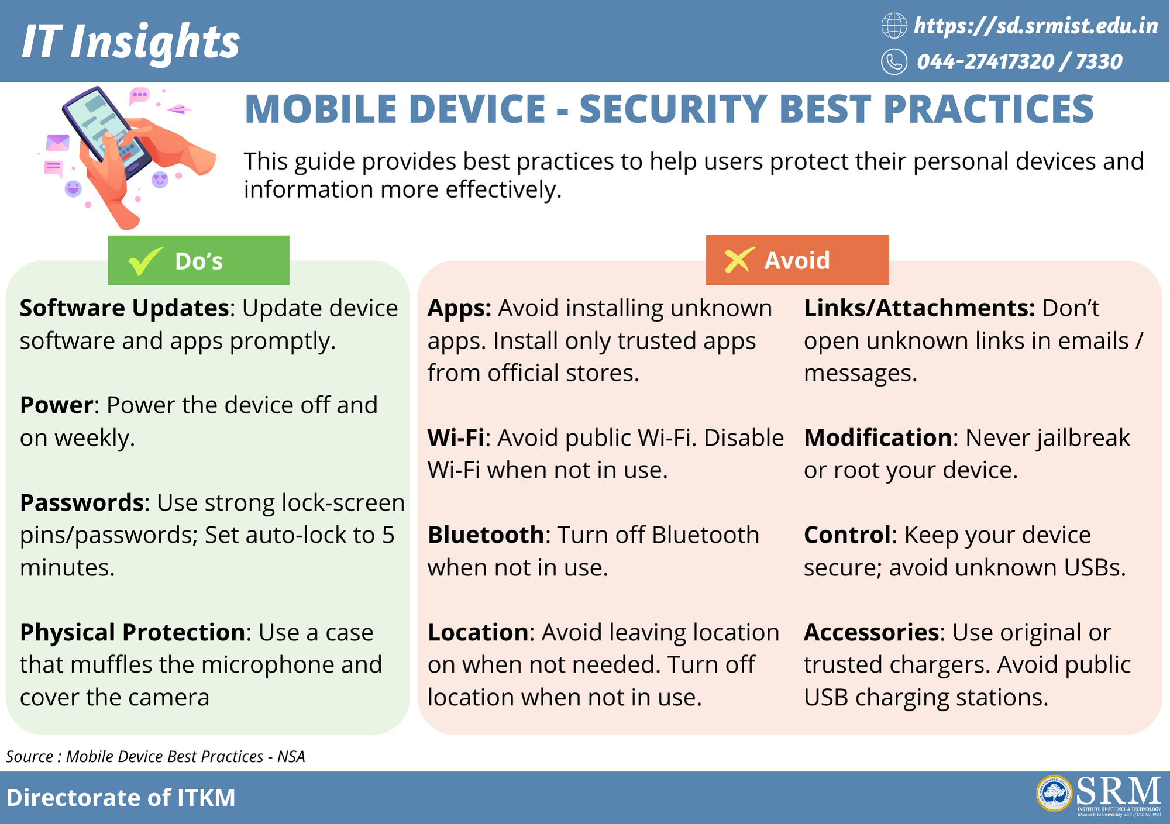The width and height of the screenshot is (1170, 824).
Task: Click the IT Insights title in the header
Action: (x=130, y=42)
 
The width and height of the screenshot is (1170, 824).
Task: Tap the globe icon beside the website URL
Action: (x=894, y=26)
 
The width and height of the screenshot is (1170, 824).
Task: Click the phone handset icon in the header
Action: (x=894, y=61)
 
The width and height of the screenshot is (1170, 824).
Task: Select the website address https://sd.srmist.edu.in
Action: (x=1035, y=26)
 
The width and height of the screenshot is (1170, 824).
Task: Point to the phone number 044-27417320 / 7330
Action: (x=1019, y=61)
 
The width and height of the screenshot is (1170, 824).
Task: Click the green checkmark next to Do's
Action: (x=146, y=260)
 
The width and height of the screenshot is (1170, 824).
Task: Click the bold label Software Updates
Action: (x=124, y=308)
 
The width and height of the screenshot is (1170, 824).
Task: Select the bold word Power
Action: (x=56, y=405)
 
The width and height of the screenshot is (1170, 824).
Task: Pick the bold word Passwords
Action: (x=82, y=502)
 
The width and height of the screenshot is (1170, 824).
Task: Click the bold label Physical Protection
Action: (x=132, y=632)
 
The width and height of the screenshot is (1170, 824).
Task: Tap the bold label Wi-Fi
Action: (x=456, y=437)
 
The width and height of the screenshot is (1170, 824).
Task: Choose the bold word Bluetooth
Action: (x=486, y=535)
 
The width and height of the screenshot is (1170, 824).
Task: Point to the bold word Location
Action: (x=478, y=632)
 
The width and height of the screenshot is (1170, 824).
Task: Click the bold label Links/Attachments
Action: (x=919, y=308)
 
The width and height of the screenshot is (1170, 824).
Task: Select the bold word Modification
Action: (x=878, y=437)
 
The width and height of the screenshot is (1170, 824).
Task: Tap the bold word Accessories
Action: (x=871, y=632)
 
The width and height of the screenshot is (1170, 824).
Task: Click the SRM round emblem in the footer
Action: (x=1054, y=794)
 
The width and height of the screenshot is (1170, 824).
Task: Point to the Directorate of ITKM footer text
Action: (x=121, y=798)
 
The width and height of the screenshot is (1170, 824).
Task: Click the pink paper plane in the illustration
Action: (x=180, y=109)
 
